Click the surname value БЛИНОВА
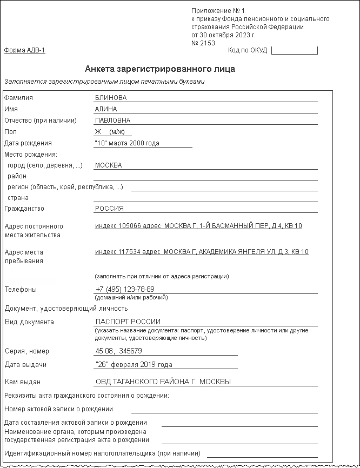[x=110, y=98]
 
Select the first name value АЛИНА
[x=105, y=109]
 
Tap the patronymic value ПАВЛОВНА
[x=112, y=121]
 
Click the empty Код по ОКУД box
[x=294, y=51]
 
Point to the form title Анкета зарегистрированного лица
[x=160, y=69]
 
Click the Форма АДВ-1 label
[x=24, y=51]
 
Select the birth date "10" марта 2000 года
[x=126, y=143]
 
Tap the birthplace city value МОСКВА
[x=108, y=165]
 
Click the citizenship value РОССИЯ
[x=109, y=209]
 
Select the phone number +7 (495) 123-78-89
[x=125, y=289]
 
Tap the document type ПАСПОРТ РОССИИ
[x=128, y=322]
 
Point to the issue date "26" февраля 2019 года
[x=134, y=365]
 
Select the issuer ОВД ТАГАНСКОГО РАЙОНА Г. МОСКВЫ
[x=163, y=382]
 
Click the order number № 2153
[x=203, y=43]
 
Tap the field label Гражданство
[x=24, y=209]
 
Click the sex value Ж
[x=98, y=132]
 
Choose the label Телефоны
[x=21, y=289]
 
